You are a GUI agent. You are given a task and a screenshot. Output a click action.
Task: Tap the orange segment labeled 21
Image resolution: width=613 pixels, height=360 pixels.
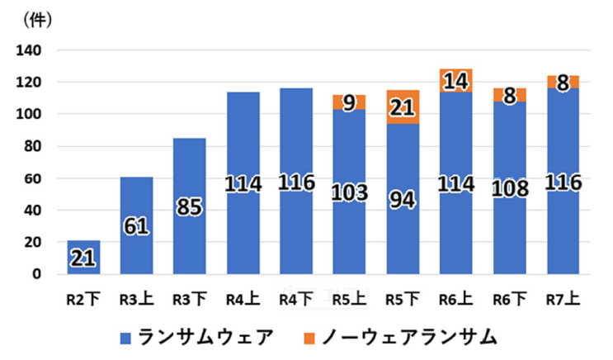[403, 107]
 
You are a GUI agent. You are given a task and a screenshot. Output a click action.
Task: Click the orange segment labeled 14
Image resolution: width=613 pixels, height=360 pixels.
[456, 80]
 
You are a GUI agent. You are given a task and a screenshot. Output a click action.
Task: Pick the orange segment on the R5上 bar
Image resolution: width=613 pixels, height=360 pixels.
[350, 102]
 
